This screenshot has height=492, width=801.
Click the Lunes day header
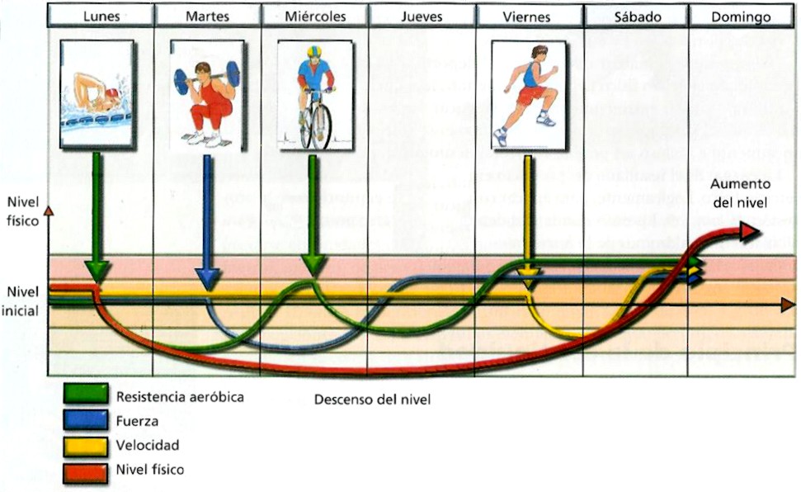click(x=101, y=17)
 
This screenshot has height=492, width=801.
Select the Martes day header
click(x=208, y=17)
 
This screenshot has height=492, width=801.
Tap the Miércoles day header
click(x=314, y=17)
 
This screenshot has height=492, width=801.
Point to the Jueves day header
click(x=422, y=17)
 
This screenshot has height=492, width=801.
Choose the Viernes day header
click(x=529, y=17)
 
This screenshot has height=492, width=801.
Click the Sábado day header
click(x=635, y=17)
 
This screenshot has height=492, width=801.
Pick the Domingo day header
click(x=741, y=17)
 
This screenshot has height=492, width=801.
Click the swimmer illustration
click(x=98, y=94)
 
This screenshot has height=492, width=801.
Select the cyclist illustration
click(x=315, y=94)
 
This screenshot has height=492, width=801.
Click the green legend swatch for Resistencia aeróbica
click(x=85, y=395)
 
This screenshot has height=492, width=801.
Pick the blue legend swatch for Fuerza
click(x=85, y=420)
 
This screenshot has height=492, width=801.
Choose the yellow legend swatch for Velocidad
click(x=85, y=446)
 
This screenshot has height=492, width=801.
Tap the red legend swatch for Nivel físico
click(x=85, y=471)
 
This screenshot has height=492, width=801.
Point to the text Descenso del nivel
click(x=372, y=400)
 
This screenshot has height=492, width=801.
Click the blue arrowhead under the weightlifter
click(x=207, y=280)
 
